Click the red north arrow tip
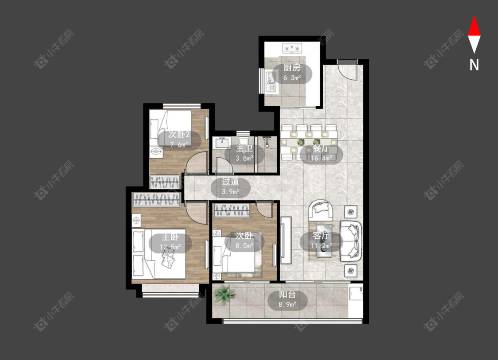(474, 15)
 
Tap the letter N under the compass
(474, 65)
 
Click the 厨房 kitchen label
(292, 68)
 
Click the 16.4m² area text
(322, 158)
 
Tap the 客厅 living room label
(321, 236)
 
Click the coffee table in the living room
(324, 240)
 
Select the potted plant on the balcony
(225, 295)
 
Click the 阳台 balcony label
(287, 294)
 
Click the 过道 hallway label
(231, 182)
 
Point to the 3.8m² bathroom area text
(244, 158)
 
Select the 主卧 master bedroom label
(170, 237)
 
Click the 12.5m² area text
(170, 247)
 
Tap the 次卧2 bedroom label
(179, 135)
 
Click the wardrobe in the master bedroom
(157, 200)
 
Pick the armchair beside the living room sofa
(321, 210)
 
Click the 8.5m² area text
(244, 245)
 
